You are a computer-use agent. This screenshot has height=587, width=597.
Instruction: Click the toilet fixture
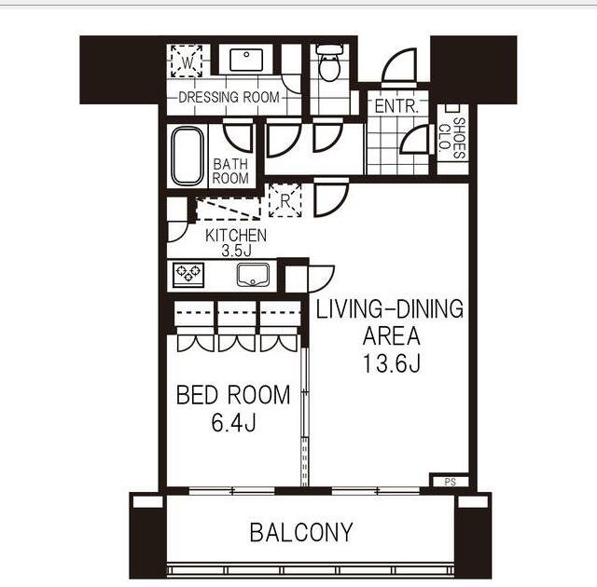[328, 64]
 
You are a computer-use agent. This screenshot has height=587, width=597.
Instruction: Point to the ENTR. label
[396, 106]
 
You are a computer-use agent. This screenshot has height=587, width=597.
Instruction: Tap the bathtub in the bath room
[187, 156]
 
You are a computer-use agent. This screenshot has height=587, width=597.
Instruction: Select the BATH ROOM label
[231, 171]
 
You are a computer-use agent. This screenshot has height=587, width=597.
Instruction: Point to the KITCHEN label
[236, 236]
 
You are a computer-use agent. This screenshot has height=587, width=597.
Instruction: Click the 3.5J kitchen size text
[235, 251]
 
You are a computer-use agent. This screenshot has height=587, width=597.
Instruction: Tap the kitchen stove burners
[188, 274]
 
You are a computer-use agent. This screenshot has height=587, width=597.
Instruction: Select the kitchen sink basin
[253, 275]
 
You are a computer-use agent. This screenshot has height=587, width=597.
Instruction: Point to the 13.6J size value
[391, 363]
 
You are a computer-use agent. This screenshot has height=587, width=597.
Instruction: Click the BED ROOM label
[233, 395]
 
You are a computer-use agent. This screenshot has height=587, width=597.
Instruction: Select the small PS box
[450, 482]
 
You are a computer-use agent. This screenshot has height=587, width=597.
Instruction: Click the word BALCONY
[301, 533]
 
